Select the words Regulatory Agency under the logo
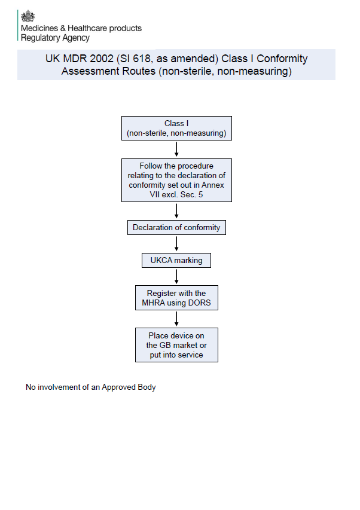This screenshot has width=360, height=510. click(55, 38)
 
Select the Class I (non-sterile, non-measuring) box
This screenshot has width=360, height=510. click(176, 129)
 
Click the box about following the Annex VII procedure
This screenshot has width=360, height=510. click(176, 181)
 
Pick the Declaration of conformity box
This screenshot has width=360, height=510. click(176, 228)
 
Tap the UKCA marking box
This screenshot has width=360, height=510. click(176, 261)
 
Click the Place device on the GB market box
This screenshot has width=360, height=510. click(176, 345)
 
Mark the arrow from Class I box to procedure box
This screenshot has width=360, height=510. click(176, 149)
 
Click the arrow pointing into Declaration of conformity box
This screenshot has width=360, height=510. click(176, 212)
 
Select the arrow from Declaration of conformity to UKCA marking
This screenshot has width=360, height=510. click(176, 244)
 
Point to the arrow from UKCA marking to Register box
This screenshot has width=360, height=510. click(176, 276)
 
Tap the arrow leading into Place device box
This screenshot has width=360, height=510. click(176, 319)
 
